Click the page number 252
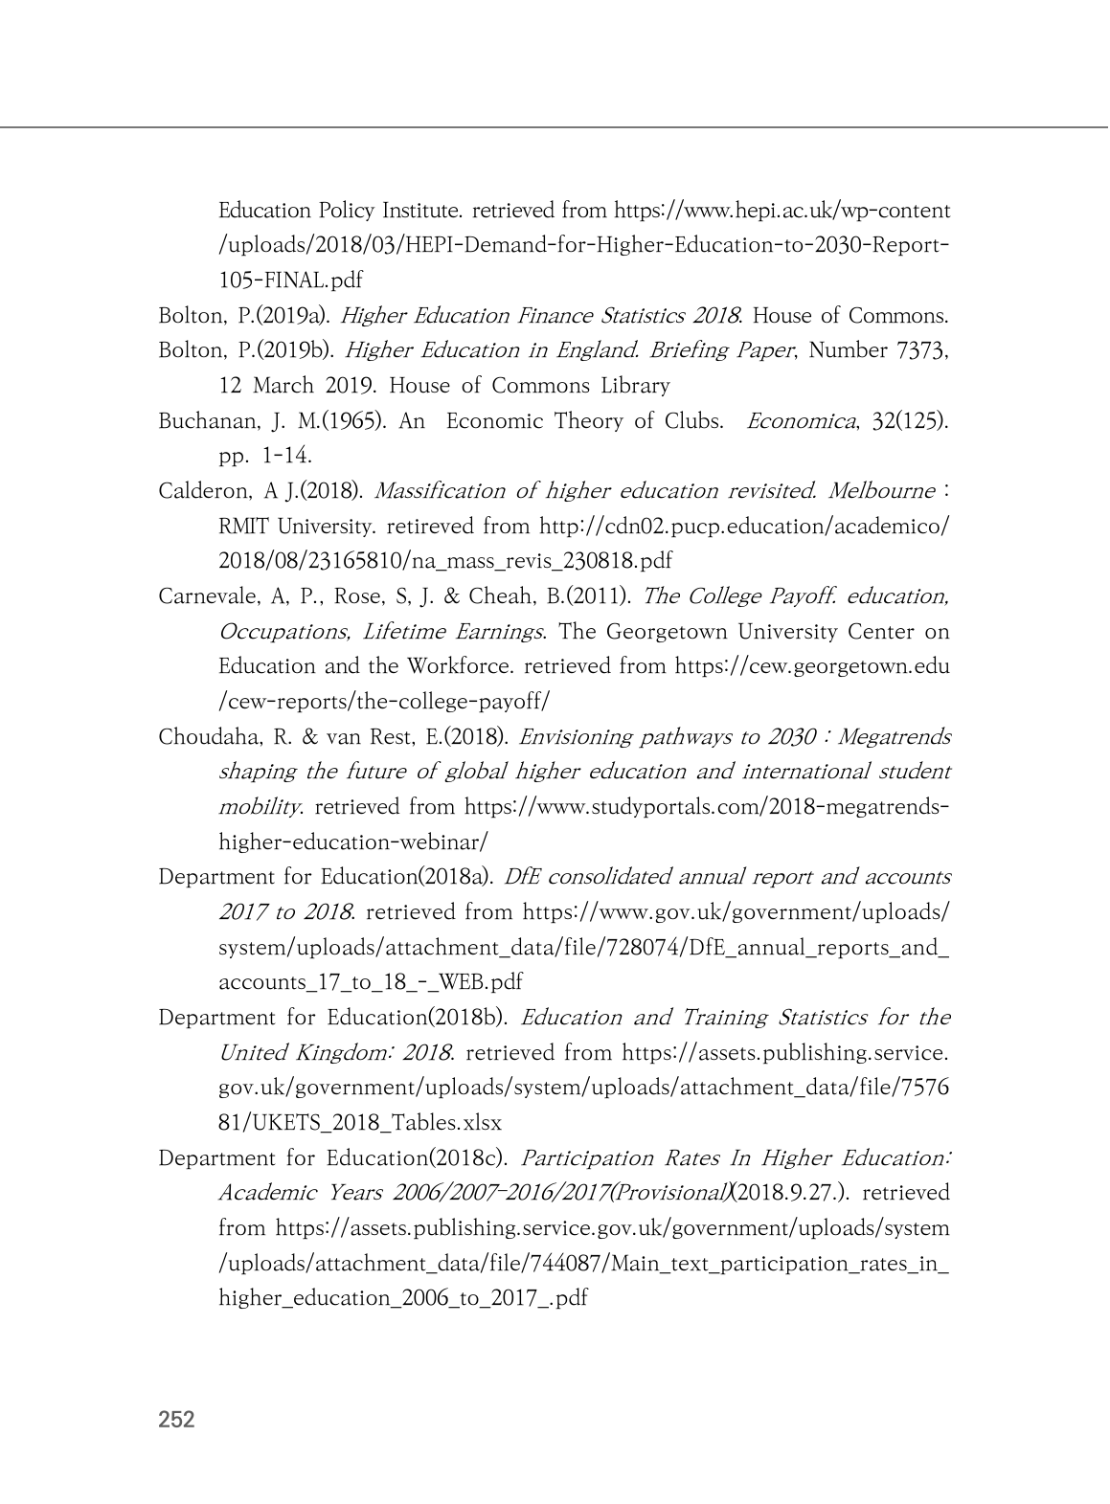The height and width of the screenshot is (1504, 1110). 176,1419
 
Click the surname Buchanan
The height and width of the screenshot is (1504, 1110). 198,421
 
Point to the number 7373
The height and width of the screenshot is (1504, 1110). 920,350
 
